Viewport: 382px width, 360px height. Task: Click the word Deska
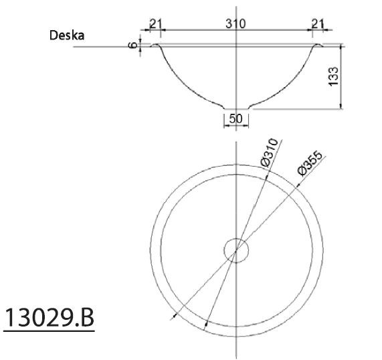(66, 35)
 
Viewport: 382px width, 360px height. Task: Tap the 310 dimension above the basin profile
(235, 23)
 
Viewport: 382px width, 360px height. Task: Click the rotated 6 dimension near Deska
(134, 46)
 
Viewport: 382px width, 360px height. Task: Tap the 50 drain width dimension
(235, 119)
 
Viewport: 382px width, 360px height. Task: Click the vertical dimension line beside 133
(342, 76)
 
